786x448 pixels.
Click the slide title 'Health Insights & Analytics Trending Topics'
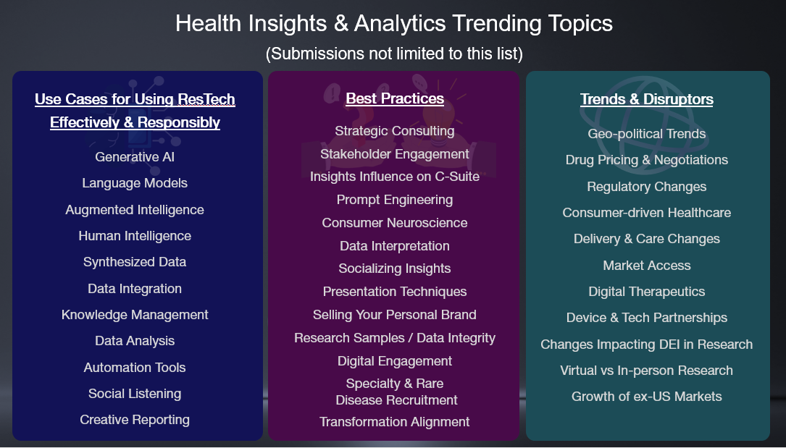click(x=394, y=24)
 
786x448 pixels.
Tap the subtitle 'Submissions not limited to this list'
click(x=394, y=54)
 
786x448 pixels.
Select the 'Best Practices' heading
click(x=395, y=98)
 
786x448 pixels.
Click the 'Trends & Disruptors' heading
click(x=647, y=99)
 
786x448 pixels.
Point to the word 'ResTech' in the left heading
click(x=206, y=99)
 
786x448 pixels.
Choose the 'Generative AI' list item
click(x=135, y=156)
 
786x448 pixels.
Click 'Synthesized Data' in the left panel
click(x=135, y=262)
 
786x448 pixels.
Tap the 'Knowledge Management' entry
click(x=135, y=314)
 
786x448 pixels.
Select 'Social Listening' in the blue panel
click(x=135, y=394)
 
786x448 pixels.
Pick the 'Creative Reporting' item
click(x=135, y=420)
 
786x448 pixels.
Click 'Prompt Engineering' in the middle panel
click(x=395, y=200)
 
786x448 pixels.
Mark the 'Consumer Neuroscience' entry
click(x=395, y=223)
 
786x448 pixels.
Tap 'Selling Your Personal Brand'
click(x=395, y=314)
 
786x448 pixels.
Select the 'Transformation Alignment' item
click(x=395, y=422)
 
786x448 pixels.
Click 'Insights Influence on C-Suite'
click(x=395, y=177)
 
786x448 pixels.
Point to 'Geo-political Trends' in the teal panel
click(x=647, y=134)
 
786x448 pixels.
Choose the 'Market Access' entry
click(x=647, y=266)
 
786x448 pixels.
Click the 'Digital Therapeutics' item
click(x=647, y=292)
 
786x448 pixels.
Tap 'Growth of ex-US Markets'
click(x=647, y=397)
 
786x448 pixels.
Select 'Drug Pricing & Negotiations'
click(x=647, y=160)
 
